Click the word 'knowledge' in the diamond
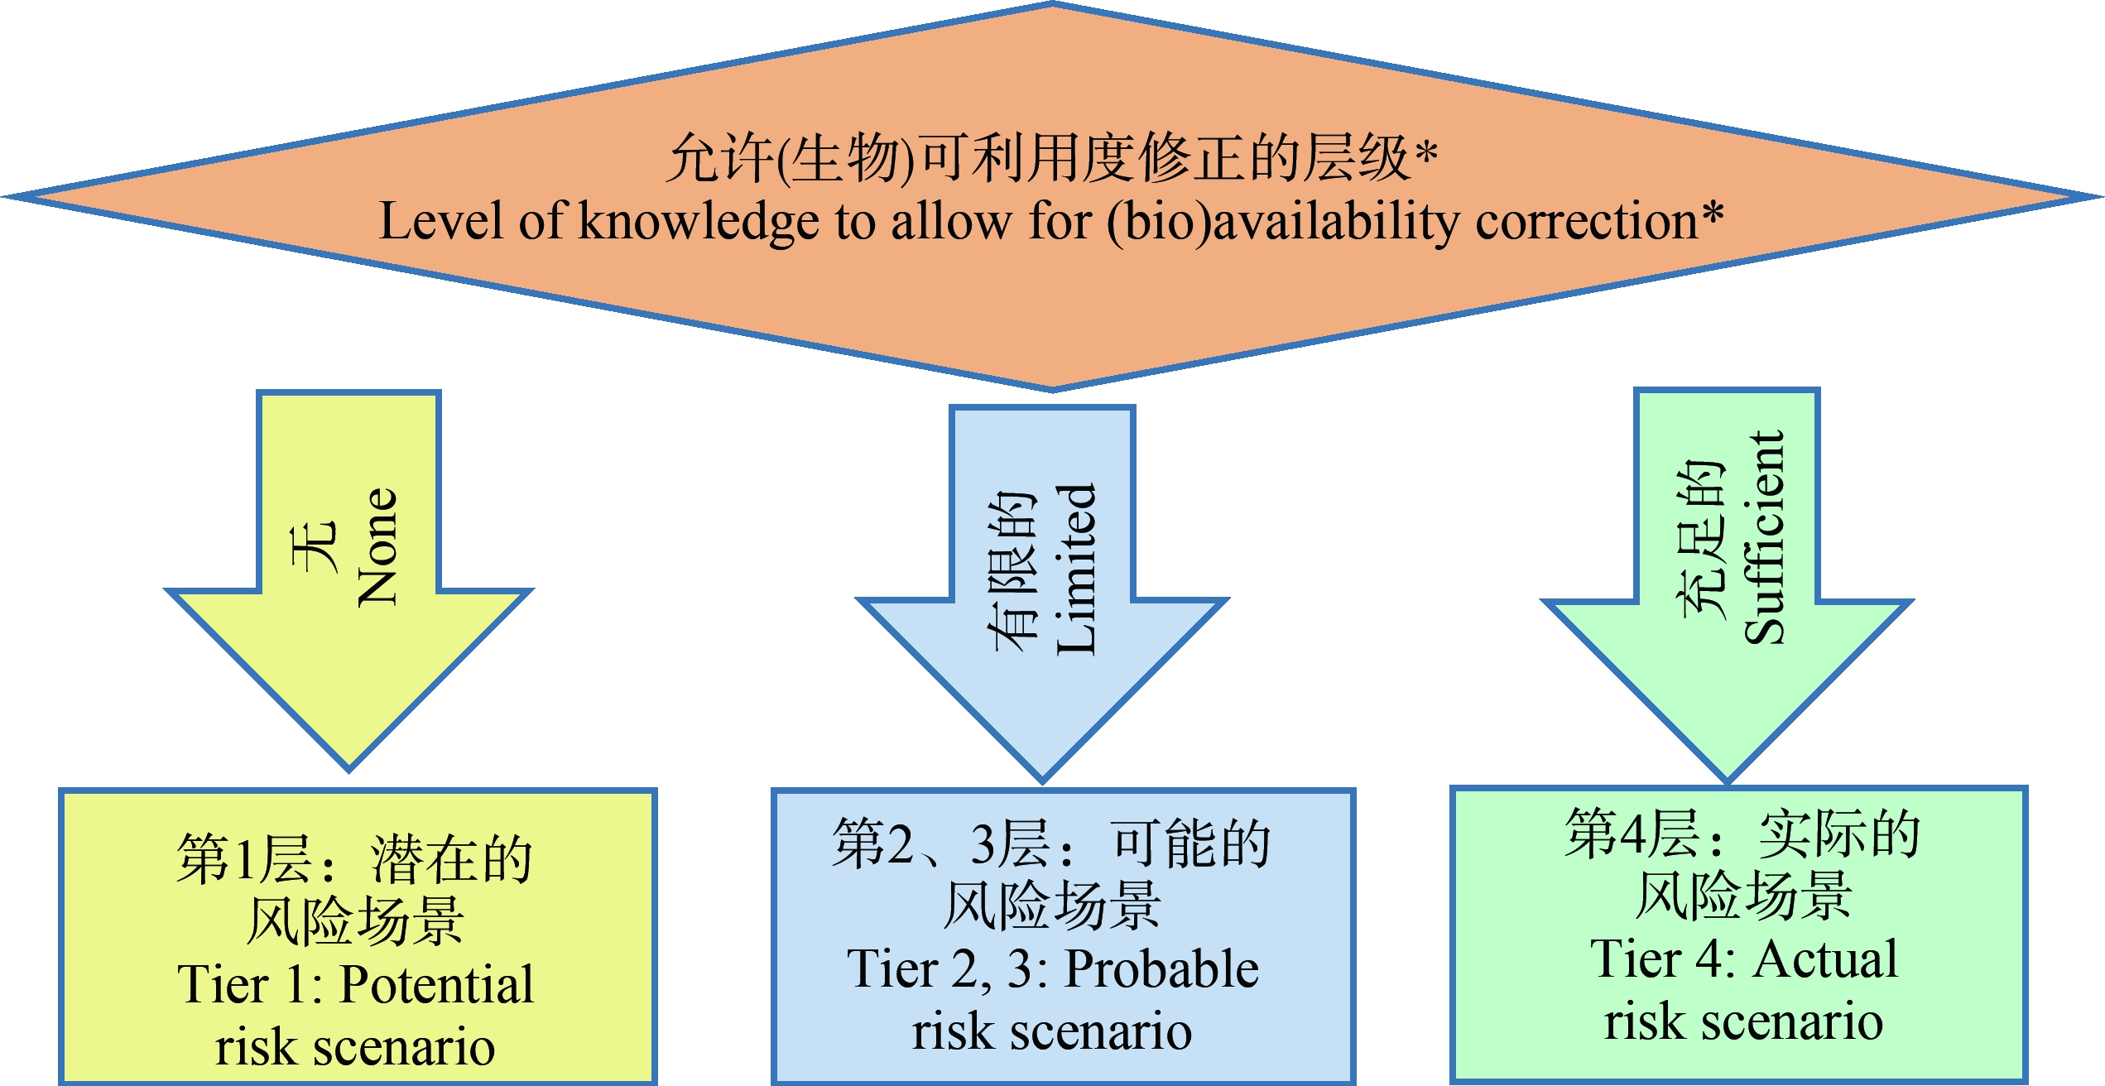699,223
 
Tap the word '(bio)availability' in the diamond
1283,223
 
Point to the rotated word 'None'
378,547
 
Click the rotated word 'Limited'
1076,569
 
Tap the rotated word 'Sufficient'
1764,537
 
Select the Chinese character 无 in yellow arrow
315,546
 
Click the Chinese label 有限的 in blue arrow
1012,570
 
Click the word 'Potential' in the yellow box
437,985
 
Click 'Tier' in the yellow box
223,985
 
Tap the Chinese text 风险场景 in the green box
1744,896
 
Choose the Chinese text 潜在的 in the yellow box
451,860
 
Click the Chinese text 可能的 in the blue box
1191,844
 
